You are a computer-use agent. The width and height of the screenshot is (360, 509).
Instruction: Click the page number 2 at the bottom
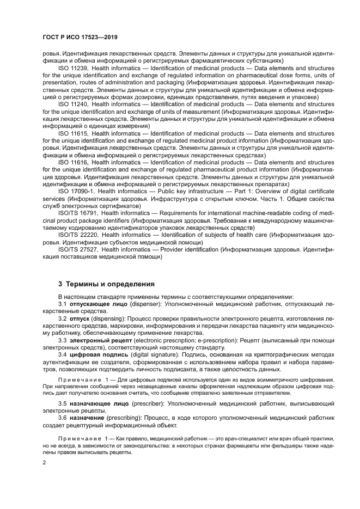click(44, 462)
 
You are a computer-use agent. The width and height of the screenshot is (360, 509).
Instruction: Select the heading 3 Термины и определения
click(106, 284)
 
